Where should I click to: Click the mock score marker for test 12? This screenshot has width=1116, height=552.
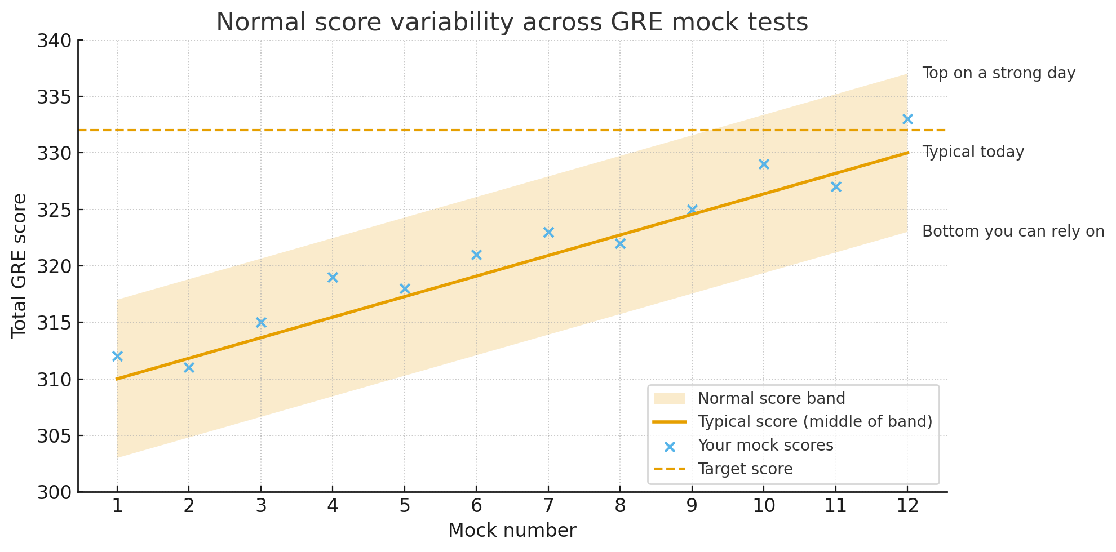(x=907, y=119)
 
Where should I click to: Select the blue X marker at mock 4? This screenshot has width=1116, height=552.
(x=333, y=277)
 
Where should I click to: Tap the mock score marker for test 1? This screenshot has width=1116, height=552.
(x=117, y=356)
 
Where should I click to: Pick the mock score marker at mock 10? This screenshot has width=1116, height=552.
(x=764, y=164)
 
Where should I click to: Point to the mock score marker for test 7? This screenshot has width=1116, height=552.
(x=548, y=232)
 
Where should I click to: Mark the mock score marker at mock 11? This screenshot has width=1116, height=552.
(x=836, y=186)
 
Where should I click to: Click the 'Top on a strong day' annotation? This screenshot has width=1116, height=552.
(x=999, y=73)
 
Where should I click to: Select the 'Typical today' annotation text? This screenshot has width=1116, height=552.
(x=973, y=152)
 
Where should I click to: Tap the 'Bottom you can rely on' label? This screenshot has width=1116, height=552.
(x=1013, y=232)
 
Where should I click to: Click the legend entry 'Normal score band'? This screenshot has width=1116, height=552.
(x=771, y=398)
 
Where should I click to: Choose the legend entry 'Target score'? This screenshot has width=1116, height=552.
(x=745, y=469)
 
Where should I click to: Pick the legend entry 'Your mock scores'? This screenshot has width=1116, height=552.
(x=765, y=445)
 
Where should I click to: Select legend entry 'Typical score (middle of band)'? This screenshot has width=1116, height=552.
(x=814, y=421)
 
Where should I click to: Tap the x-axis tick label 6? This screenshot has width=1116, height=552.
(x=476, y=506)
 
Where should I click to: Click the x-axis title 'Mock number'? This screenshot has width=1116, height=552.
(x=512, y=531)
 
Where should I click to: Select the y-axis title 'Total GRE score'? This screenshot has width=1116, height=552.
(x=19, y=266)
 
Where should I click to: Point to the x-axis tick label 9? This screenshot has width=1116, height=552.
(x=692, y=506)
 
